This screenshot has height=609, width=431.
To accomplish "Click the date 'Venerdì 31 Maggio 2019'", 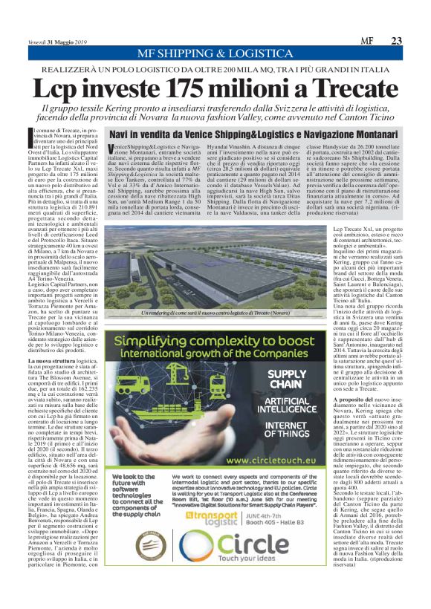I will (59, 42).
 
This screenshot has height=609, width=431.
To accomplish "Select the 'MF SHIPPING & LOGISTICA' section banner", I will (215, 54).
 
